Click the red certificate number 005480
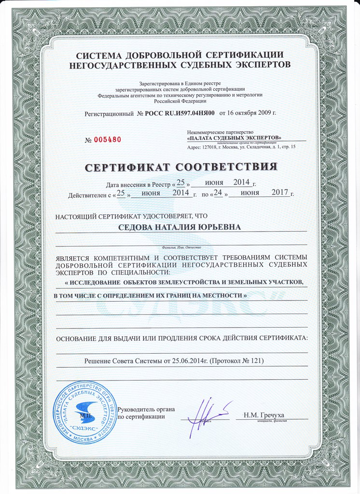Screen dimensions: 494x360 coord(107,140)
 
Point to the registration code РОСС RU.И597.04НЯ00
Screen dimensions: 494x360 coord(180,113)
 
